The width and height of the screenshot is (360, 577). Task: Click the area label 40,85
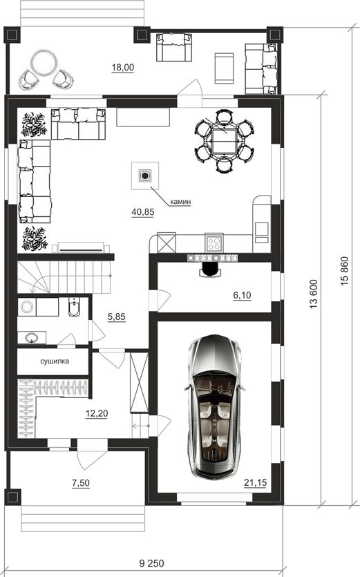[x=143, y=212]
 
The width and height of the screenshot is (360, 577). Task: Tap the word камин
[x=180, y=202]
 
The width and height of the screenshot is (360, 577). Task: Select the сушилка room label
[x=55, y=361]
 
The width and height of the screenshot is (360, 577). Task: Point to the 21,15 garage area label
[x=255, y=483]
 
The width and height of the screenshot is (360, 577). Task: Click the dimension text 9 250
[x=152, y=563]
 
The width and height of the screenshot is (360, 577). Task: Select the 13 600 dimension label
[x=313, y=294]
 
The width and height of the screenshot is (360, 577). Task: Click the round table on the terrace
[x=44, y=64]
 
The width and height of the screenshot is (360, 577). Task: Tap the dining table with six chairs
[x=224, y=141]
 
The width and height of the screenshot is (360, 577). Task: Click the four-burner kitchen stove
[x=214, y=243]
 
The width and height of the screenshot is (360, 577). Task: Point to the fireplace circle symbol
[x=145, y=176]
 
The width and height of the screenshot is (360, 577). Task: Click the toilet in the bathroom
[x=74, y=308]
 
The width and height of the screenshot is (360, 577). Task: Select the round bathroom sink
[x=32, y=337]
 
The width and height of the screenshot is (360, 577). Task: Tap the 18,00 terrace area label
[x=123, y=67]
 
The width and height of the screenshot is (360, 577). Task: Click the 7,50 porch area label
[x=81, y=483]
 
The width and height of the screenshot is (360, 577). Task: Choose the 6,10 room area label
[x=243, y=295]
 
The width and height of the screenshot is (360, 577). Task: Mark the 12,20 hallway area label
[x=97, y=414]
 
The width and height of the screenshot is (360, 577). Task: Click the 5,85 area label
[x=117, y=317]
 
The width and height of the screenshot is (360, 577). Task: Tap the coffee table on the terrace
[x=224, y=68]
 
